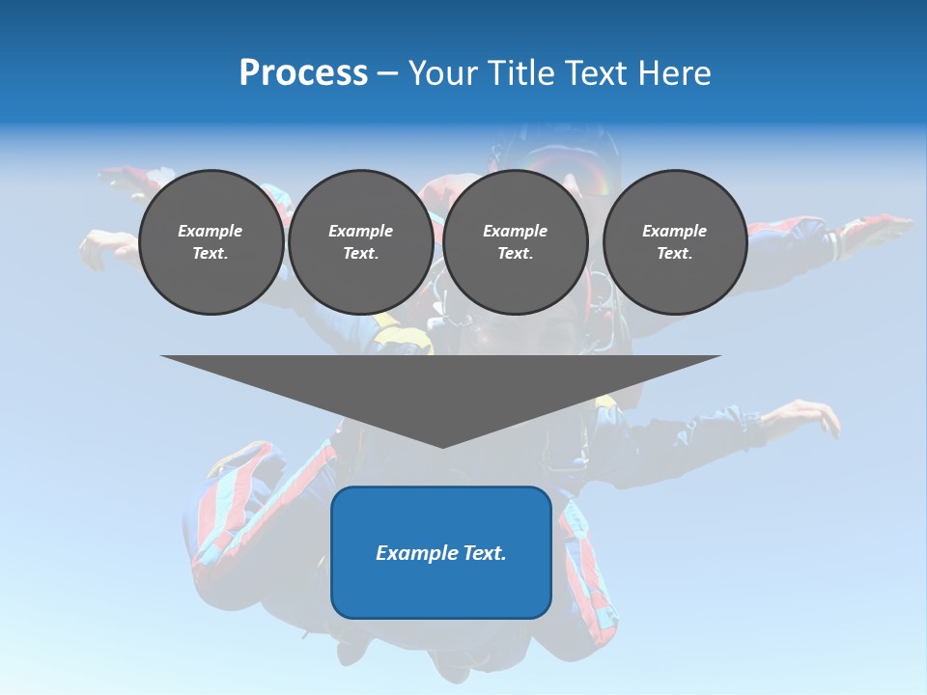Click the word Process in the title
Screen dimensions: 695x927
303,73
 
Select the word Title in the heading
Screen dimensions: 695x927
525,73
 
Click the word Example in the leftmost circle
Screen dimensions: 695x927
211,231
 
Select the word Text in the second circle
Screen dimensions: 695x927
360,254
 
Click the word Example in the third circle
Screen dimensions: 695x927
515,231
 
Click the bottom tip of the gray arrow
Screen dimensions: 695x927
442,446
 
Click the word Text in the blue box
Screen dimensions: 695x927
483,553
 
